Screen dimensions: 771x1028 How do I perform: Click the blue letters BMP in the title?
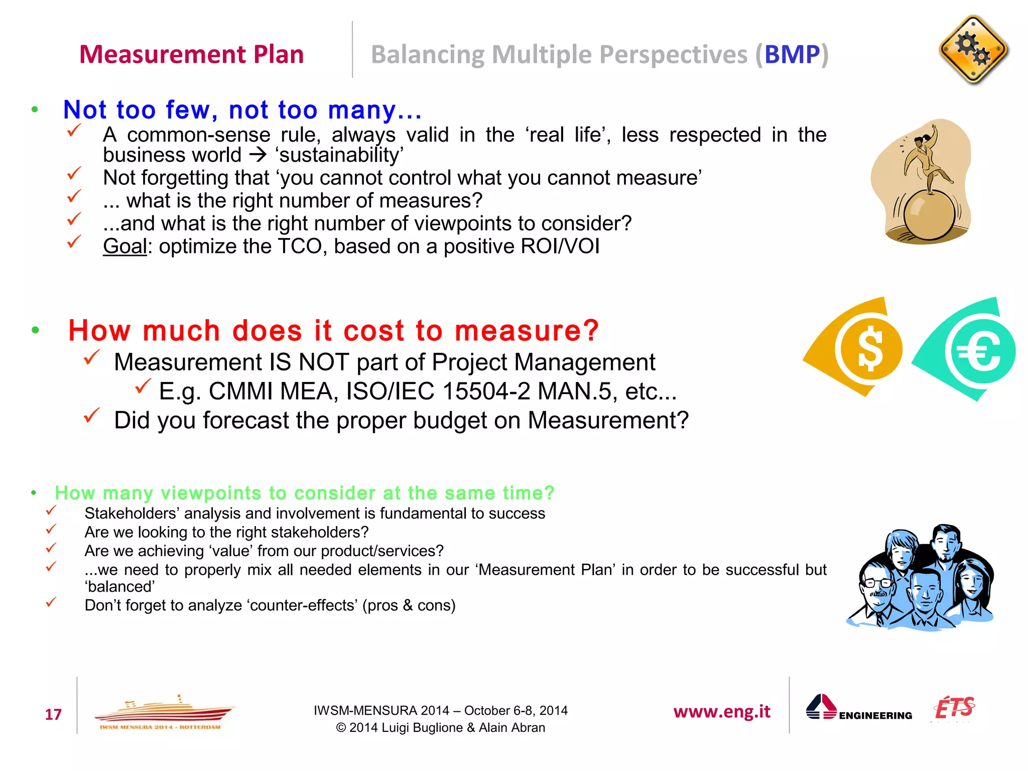pos(792,55)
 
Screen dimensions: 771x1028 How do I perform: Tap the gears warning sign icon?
pos(973,50)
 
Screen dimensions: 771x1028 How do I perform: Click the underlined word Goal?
pos(125,246)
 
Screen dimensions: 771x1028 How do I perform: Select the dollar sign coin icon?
pos(870,349)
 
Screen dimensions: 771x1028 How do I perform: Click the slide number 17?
pos(53,714)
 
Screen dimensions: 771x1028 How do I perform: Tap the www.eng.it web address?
pos(721,711)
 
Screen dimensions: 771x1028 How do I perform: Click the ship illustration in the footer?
pos(163,712)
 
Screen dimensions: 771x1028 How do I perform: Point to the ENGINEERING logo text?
pos(875,716)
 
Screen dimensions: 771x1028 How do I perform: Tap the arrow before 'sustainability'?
pos(258,155)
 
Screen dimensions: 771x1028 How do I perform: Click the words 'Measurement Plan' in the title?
pos(191,54)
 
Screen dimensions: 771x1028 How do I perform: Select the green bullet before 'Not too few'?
pos(35,109)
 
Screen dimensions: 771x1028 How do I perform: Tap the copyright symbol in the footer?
pos(341,728)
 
